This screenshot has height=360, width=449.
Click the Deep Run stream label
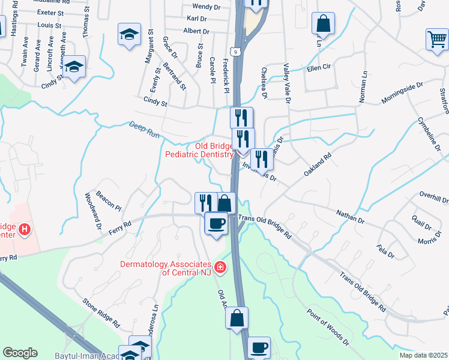pos(144,130)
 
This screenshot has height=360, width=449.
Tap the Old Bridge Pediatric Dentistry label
pos(199,150)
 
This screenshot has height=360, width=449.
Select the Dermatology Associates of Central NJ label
pos(165,268)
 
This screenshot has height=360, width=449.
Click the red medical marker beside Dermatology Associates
pos(221,267)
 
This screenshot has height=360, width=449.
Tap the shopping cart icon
pos(436,40)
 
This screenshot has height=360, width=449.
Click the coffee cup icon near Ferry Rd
pos(216,223)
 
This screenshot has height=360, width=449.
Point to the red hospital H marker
pos(25,229)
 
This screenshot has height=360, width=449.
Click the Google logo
pos(20,353)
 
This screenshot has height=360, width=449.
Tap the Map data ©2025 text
pos(423,355)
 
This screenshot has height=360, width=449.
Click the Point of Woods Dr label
pos(328,328)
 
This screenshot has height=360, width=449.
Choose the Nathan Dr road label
pos(351,216)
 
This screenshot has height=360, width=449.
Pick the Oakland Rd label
pos(318,164)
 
